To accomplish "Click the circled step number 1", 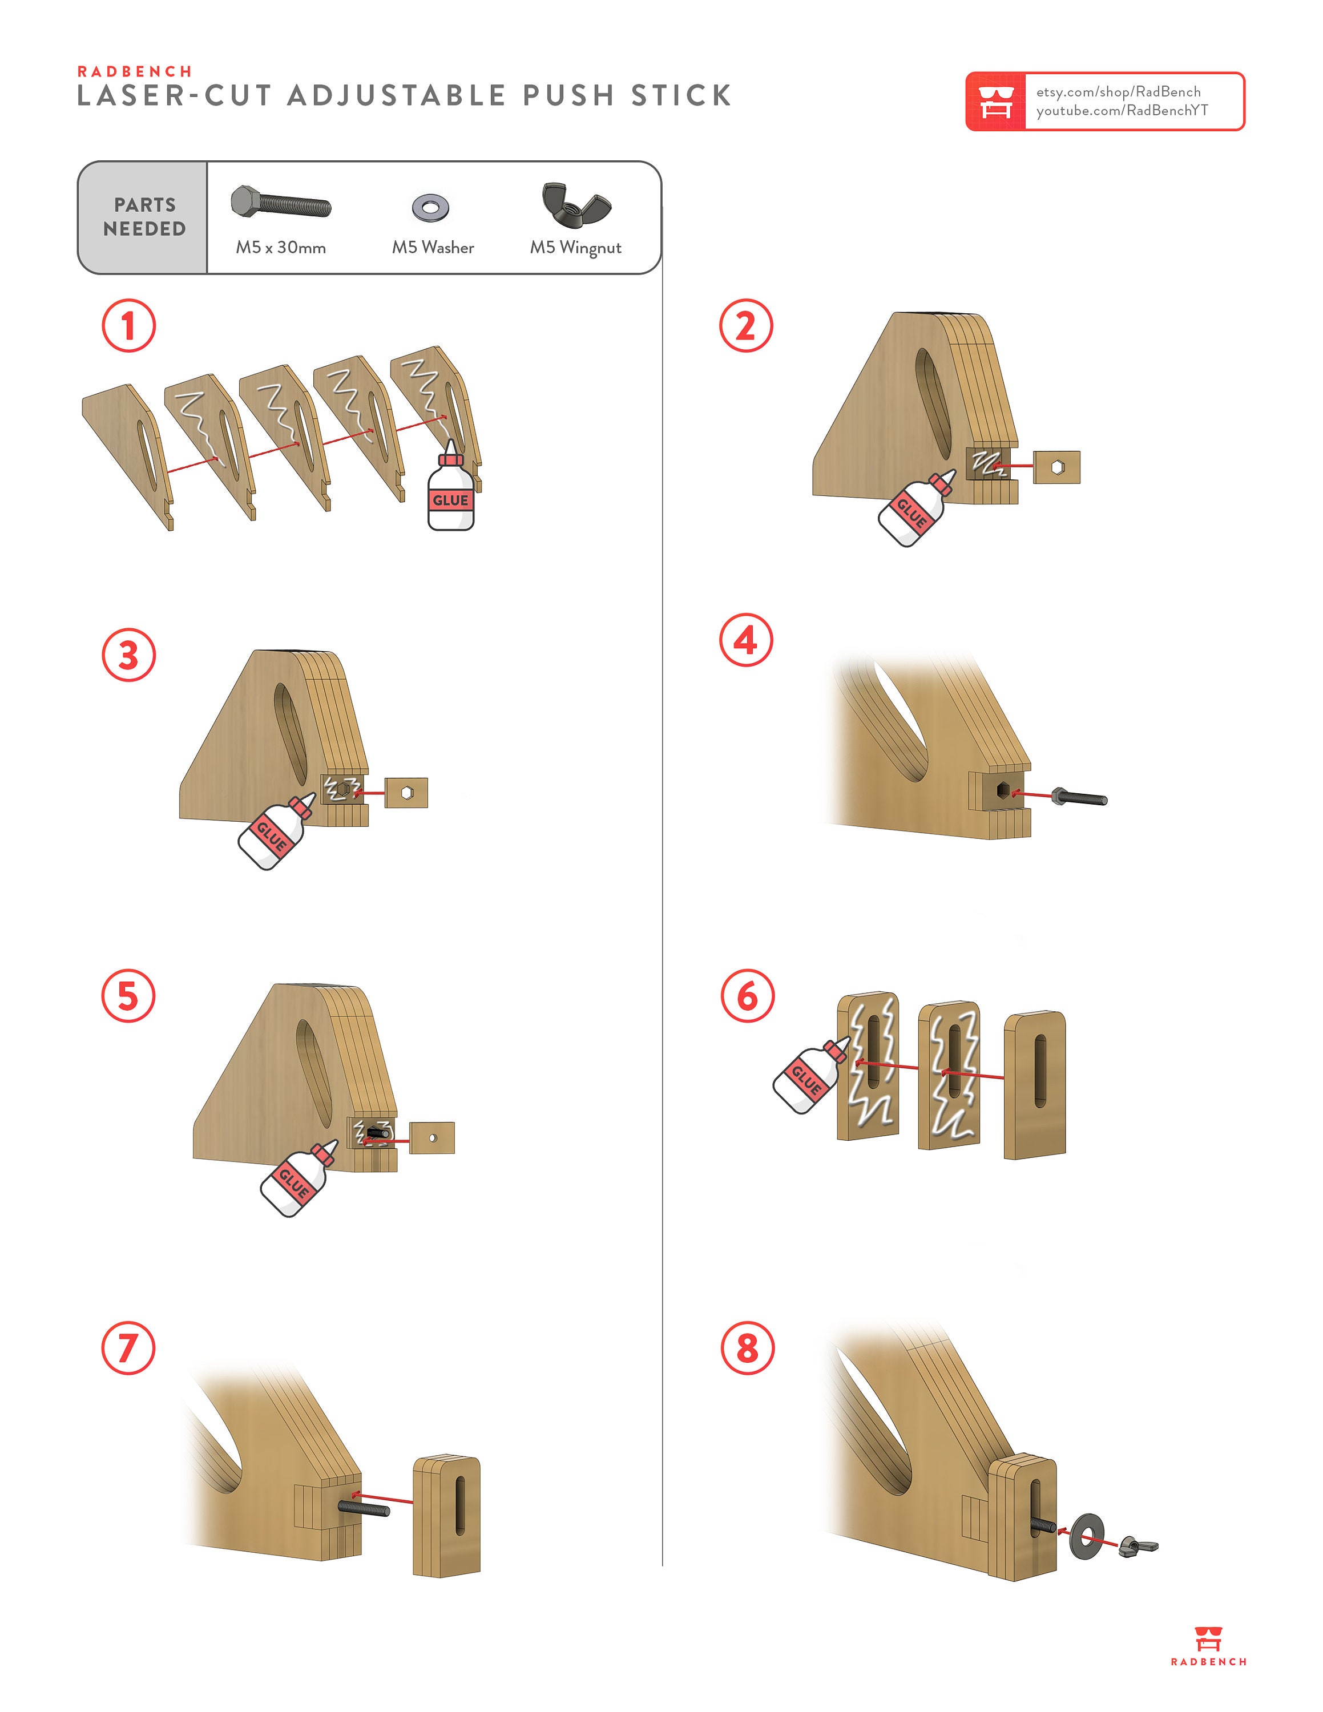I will coord(128,325).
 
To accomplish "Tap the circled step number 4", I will coord(745,640).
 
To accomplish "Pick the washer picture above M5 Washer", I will coord(430,207).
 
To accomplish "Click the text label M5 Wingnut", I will coord(575,248).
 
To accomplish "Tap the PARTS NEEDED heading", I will coord(144,217).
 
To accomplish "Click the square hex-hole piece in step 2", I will coord(1056,467).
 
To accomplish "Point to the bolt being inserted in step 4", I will coord(1079,797).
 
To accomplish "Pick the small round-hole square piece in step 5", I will coord(432,1137).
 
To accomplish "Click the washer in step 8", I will coord(1087,1536).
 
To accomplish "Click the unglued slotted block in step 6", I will coord(1035,1085).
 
